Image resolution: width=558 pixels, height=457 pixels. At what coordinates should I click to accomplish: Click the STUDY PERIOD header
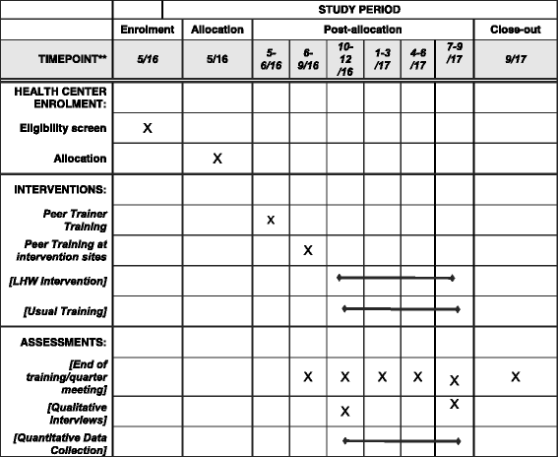(359, 9)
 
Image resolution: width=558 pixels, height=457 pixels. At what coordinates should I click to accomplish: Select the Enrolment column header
(147, 31)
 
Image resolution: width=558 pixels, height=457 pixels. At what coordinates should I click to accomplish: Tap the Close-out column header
(515, 31)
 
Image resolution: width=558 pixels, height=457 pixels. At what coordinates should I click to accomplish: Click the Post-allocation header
(362, 31)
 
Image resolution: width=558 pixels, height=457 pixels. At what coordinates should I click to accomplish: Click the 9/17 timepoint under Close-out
(515, 59)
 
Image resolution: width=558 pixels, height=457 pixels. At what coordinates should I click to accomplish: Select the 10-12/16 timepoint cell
(345, 59)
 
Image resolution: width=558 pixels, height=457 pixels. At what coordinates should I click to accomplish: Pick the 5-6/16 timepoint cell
(271, 59)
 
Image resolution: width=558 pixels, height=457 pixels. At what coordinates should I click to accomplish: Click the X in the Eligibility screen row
(148, 128)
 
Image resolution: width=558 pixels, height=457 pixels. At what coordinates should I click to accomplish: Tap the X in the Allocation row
(218, 158)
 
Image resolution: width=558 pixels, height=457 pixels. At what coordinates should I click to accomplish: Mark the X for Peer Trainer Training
(271, 219)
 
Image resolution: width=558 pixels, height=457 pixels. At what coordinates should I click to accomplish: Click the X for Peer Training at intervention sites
(308, 250)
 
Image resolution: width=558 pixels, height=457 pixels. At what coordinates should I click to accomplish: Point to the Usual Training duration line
(401, 309)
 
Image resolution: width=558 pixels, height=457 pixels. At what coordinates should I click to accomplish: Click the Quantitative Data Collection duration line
(401, 440)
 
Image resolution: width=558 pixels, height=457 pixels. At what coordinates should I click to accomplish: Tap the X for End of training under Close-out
(515, 376)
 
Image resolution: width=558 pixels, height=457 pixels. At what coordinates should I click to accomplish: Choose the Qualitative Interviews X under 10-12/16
(345, 410)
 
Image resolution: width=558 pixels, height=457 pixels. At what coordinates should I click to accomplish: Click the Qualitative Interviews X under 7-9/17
(454, 403)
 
